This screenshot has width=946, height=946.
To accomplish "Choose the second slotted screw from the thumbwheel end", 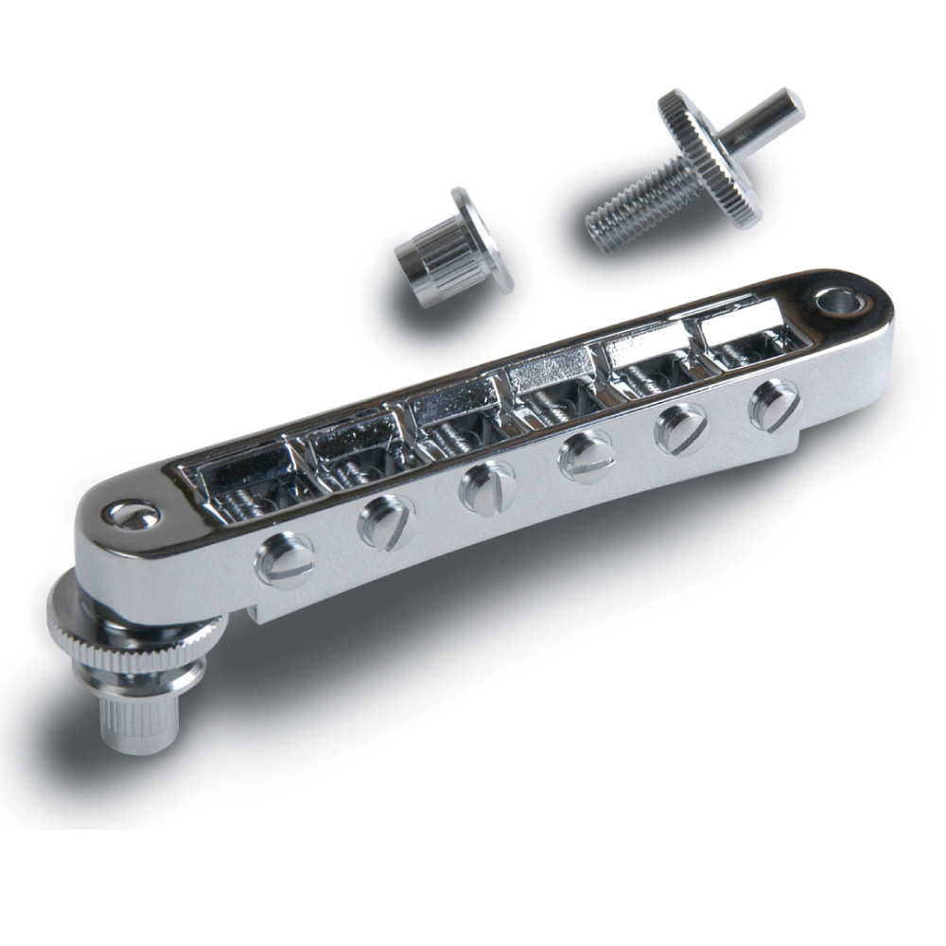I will [x=385, y=521].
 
